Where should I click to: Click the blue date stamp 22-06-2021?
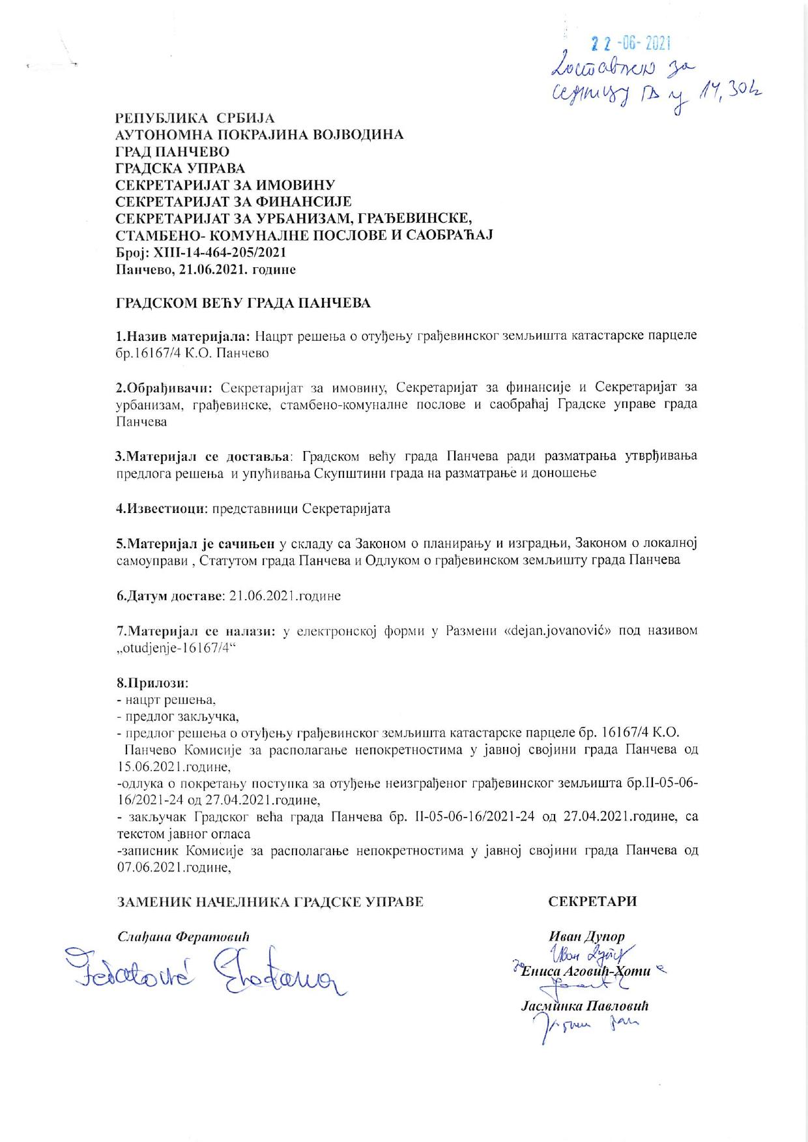[630, 44]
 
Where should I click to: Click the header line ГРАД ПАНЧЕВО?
[172, 152]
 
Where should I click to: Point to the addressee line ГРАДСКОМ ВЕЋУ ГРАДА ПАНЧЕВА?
[243, 303]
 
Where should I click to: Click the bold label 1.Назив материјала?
[182, 336]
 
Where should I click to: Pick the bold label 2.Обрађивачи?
[164, 387]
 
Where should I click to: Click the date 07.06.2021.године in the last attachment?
[175, 868]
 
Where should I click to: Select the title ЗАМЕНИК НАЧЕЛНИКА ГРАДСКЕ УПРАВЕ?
[270, 901]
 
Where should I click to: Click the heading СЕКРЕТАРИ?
[592, 901]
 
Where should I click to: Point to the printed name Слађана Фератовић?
[183, 937]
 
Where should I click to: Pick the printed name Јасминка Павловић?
[584, 1006]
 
